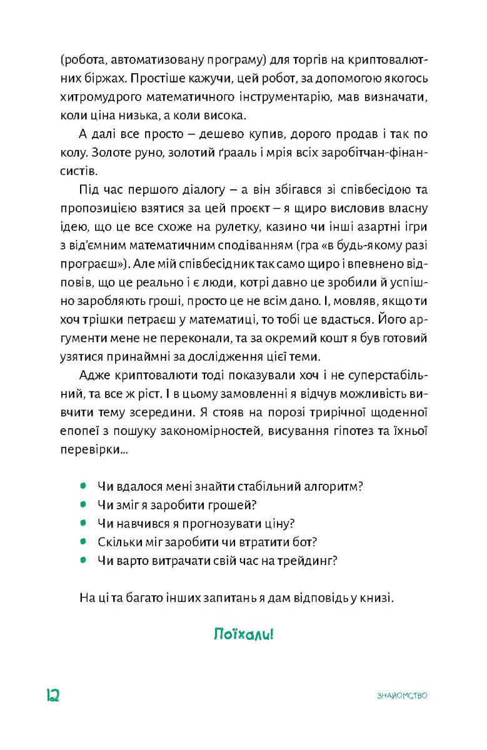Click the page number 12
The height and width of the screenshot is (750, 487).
pyautogui.click(x=52, y=695)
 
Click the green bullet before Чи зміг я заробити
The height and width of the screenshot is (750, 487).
pyautogui.click(x=83, y=504)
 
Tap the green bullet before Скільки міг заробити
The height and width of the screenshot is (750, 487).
pyautogui.click(x=83, y=541)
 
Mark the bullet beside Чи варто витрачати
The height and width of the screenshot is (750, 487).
pyautogui.click(x=83, y=560)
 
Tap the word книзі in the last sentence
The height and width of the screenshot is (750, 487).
pyautogui.click(x=378, y=597)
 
